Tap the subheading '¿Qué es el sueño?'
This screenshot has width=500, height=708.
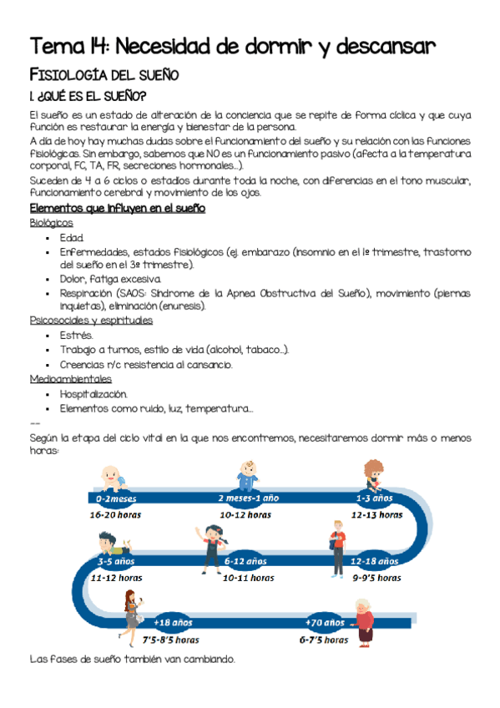click(88, 96)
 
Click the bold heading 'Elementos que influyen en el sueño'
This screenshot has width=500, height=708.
click(117, 208)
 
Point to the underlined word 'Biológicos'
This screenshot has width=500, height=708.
click(51, 223)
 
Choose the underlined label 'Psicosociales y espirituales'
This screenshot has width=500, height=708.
click(91, 320)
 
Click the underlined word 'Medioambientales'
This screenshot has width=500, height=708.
click(70, 378)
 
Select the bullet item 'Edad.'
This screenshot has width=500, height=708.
click(72, 238)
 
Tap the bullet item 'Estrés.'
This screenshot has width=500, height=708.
click(76, 335)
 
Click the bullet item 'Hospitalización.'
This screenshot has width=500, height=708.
click(93, 393)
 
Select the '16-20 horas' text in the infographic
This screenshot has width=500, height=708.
click(116, 515)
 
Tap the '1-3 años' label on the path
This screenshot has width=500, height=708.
click(374, 498)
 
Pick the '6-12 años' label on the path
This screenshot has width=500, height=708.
click(245, 561)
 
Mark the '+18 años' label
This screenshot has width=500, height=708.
click(173, 623)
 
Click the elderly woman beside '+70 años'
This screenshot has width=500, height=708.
click(364, 622)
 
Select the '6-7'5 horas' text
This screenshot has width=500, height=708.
click(324, 640)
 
